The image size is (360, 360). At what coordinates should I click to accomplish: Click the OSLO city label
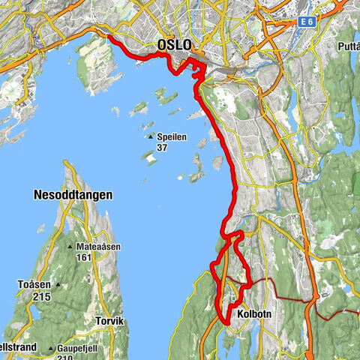173,46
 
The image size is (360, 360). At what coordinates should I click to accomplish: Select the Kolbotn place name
253,313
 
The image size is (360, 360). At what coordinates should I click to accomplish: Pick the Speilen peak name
172,136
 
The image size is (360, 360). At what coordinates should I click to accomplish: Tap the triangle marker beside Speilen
151,136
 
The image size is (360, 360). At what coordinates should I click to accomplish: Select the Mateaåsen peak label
101,247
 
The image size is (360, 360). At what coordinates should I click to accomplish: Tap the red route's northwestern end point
109,37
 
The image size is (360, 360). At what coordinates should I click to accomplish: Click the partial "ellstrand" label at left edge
16,348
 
